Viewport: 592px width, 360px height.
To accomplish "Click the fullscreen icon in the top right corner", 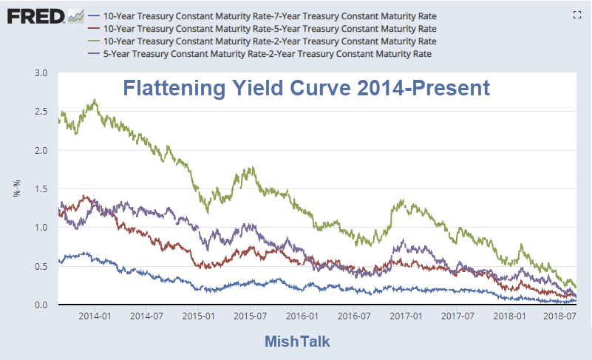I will pos(578,14).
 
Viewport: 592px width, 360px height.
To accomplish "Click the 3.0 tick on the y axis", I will pos(41,73).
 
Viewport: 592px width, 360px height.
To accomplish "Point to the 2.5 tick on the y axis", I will pos(41,112).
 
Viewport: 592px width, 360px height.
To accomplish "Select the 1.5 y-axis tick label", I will pos(41,189).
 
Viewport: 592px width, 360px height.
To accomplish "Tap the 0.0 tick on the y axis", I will pos(41,305).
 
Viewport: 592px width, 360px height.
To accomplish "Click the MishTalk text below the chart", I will pos(297,342).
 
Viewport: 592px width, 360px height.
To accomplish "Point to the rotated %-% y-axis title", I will pos(16,190).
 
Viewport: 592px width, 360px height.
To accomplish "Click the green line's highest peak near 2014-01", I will pos(95,100).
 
